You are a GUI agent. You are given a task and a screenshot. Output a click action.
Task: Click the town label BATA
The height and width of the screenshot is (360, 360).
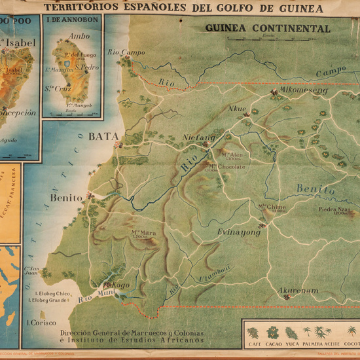pos(103,137)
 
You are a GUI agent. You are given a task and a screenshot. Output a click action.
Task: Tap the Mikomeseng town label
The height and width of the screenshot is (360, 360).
pos(304,91)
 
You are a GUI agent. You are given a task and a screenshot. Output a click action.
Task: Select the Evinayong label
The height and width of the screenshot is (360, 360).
pos(239,232)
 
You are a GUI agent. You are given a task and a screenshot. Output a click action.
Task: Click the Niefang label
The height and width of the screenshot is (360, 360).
pos(199,137)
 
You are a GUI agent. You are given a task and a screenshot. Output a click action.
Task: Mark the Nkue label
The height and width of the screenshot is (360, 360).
pos(238,108)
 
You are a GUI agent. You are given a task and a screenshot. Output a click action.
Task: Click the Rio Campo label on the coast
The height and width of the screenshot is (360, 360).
pos(126,52)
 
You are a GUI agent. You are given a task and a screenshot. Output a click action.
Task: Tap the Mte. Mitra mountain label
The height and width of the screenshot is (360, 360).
pos(144,233)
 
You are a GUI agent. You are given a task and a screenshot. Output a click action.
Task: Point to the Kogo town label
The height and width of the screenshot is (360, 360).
pos(120,285)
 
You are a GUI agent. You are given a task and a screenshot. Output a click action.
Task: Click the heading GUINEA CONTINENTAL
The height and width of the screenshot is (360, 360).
pos(268,29)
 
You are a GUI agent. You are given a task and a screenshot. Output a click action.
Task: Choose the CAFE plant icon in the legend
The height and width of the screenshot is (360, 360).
pos(253,333)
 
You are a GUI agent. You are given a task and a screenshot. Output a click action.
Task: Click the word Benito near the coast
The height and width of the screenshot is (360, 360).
pos(66,198)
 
